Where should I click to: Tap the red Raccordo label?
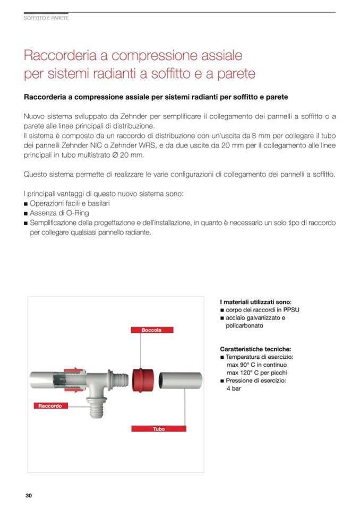click(50, 406)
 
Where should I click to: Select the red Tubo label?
click(158, 428)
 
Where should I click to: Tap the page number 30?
click(29, 495)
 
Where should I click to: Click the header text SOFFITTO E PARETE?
click(47, 18)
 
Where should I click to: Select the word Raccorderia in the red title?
click(58, 55)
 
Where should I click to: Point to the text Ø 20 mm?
click(130, 154)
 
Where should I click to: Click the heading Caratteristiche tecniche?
click(255, 349)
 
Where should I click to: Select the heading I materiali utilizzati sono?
click(255, 301)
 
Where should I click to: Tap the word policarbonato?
click(244, 325)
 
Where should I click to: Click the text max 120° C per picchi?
click(256, 373)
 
